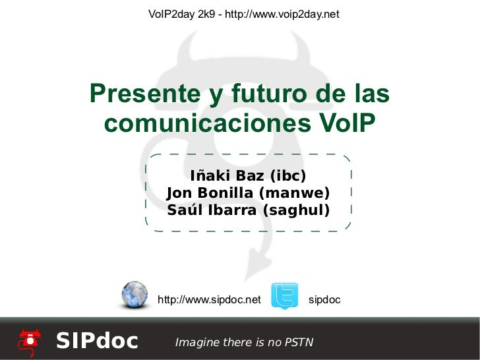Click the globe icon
[135, 295]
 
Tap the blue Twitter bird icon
[285, 296]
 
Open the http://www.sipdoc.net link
[210, 301]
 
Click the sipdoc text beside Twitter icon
[324, 301]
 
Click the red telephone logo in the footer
[30, 340]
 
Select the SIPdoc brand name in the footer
[97, 341]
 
